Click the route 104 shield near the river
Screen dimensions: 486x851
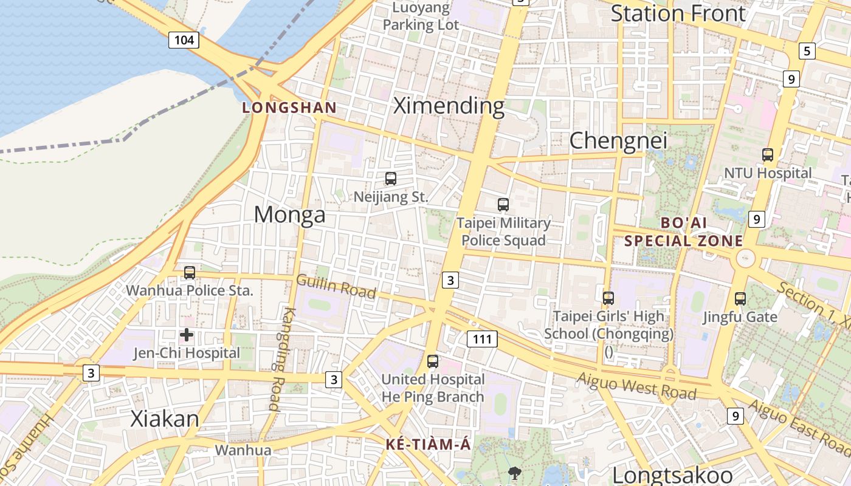coord(184,40)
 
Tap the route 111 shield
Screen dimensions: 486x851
coord(483,339)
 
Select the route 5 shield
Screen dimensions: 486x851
coord(807,51)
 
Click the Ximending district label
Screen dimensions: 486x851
coord(449,106)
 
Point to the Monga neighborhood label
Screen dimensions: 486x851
coord(289,214)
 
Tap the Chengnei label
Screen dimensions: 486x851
coord(618,140)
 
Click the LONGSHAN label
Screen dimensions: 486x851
coord(289,108)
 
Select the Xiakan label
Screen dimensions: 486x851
coord(165,419)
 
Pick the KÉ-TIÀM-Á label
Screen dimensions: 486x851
coord(429,445)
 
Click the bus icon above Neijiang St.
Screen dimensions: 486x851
coord(391,179)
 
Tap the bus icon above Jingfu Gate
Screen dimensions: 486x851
coord(740,298)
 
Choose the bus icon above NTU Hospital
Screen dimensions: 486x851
coord(768,155)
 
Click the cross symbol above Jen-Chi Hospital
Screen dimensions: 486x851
coord(187,335)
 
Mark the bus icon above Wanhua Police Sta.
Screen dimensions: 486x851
coord(190,273)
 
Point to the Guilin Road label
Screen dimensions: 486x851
coord(336,286)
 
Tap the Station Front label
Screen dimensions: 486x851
coord(678,13)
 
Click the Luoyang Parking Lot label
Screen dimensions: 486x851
coord(421,16)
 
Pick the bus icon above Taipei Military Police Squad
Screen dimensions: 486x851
coord(503,205)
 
